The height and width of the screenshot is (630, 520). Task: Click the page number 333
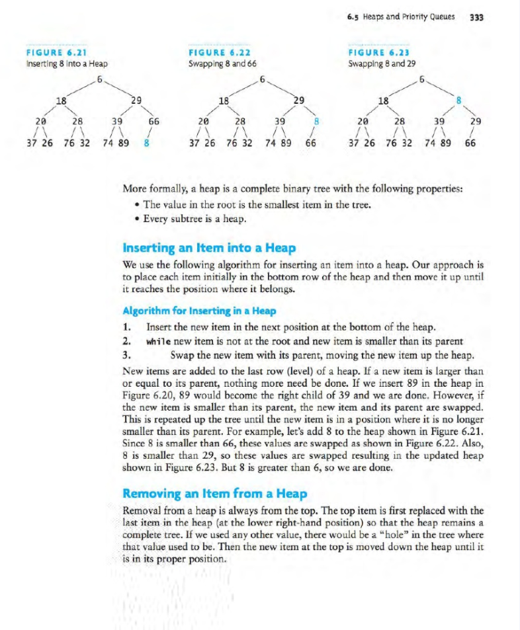tap(476, 18)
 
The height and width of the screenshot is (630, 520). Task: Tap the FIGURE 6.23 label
tap(379, 54)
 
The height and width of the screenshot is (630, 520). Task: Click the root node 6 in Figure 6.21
tap(99, 81)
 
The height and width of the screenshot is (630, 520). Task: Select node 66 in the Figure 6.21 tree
tap(153, 122)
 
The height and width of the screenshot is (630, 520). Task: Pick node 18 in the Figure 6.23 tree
tap(382, 101)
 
